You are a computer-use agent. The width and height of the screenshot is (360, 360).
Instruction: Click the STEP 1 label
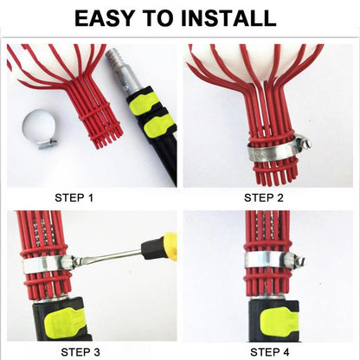pyautogui.click(x=74, y=198)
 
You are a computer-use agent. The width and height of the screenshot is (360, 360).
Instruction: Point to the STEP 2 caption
pyautogui.click(x=264, y=198)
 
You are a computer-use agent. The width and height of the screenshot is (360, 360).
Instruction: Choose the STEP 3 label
pyautogui.click(x=81, y=351)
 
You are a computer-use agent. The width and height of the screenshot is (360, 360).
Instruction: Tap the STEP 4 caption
pyautogui.click(x=270, y=351)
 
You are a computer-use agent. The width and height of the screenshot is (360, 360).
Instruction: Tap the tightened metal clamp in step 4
pyautogui.click(x=264, y=259)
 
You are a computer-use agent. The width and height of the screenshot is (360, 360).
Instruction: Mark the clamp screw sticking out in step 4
pyautogui.click(x=299, y=257)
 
